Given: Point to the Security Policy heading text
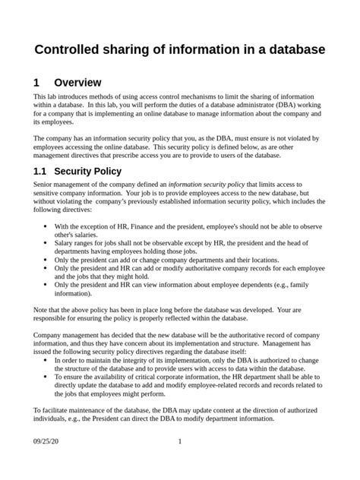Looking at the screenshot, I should (x=88, y=172).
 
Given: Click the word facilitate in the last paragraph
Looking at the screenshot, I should (x=58, y=409).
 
